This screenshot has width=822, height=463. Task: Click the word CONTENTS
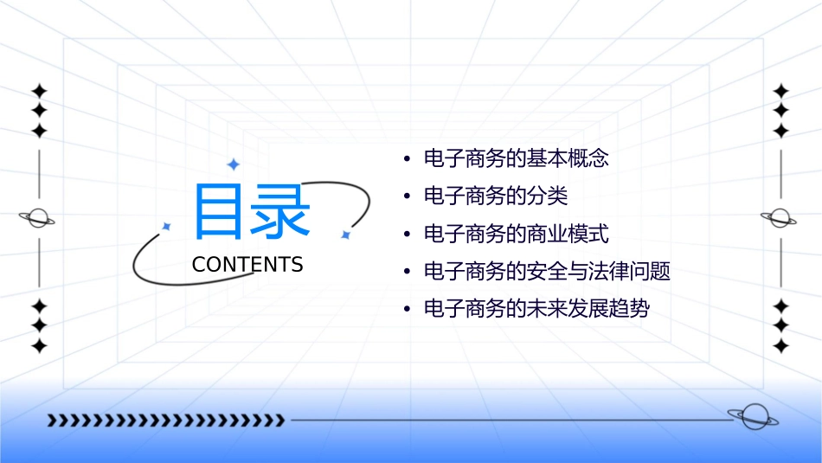point(247,265)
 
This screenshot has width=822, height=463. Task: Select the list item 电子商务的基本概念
point(517,158)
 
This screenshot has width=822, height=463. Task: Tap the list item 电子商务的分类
point(496,196)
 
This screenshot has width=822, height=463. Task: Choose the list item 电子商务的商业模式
point(517,234)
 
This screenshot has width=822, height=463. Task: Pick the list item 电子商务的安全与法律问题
point(547,271)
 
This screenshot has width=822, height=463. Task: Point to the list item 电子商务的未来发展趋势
point(536,309)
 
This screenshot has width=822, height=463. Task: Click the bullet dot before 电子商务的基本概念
point(407,159)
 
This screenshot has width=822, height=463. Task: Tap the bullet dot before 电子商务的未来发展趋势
point(407,310)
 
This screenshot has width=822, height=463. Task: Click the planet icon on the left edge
point(38,218)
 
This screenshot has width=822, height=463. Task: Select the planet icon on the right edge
point(780,218)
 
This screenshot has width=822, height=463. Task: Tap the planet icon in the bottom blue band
point(752,417)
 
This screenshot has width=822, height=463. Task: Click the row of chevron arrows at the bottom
point(165,421)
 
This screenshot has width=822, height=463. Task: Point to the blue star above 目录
point(232,164)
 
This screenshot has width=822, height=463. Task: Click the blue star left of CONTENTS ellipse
point(167,226)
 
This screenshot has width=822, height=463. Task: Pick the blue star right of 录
point(345,235)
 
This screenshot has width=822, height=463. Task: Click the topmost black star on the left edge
point(38,91)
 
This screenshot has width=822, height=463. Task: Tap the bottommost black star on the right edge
point(780,346)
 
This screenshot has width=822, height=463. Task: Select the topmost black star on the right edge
point(780,91)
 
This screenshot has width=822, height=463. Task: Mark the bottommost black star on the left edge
point(38,346)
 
